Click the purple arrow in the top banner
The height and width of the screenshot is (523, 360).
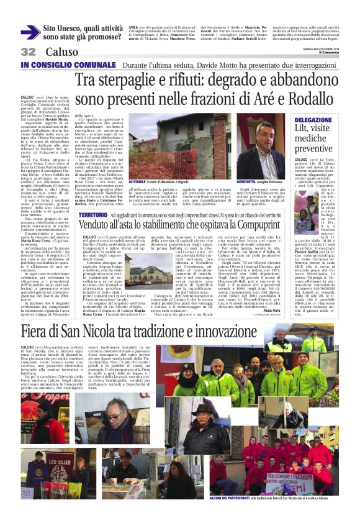[30, 32]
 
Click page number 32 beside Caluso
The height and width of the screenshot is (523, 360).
[28, 52]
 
